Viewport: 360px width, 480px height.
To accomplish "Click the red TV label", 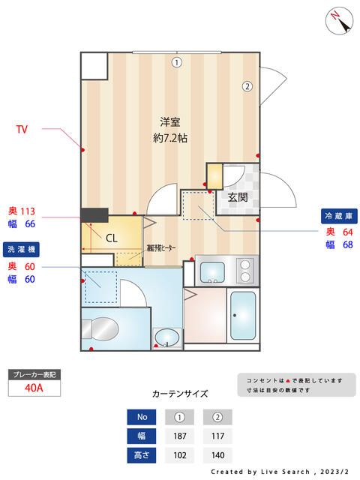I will pos(22,130).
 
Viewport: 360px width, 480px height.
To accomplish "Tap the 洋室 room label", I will pos(170,121).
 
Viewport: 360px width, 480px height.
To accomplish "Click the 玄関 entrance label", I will pos(238,197).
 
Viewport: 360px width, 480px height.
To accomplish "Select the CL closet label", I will pos(109,238).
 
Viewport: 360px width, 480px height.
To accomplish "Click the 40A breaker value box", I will pos(33,388).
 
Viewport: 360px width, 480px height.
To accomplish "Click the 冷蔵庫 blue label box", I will pos(337,215).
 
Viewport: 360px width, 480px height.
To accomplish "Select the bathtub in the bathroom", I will pos(242,316).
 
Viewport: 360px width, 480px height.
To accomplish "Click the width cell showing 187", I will pos(181,436).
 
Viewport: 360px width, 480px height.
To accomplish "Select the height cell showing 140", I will pos(217,454).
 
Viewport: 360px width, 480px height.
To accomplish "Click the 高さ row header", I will pos(142,454).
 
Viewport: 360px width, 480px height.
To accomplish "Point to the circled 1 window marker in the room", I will pos(175,63).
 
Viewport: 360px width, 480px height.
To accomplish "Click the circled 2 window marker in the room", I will pos(246,86).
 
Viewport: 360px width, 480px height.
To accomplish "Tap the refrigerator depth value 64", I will pos(347,231).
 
